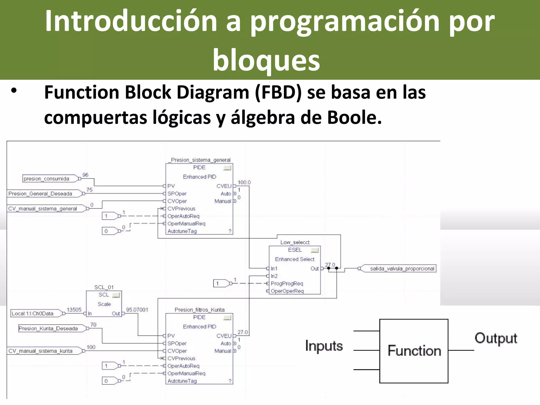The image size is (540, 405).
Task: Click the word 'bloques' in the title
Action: pyautogui.click(x=266, y=61)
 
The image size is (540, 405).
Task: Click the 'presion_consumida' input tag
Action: pyautogui.click(x=46, y=179)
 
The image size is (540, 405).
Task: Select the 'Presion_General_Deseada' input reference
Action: pyautogui.click(x=40, y=194)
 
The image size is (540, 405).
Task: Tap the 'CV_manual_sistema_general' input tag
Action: pyautogui.click(x=42, y=209)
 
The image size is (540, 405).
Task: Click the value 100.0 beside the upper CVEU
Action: pyautogui.click(x=244, y=182)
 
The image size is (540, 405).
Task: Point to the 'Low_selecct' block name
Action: pyautogui.click(x=295, y=242)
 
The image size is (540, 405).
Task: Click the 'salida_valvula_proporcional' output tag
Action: pyautogui.click(x=402, y=269)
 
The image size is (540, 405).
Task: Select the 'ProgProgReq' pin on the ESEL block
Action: pyautogui.click(x=287, y=284)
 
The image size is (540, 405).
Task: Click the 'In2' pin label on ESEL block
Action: pyautogui.click(x=274, y=276)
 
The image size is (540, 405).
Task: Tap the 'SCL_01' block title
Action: pyautogui.click(x=104, y=287)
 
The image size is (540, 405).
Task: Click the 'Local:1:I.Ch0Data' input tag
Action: pyautogui.click(x=32, y=314)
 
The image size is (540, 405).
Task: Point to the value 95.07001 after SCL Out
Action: pyautogui.click(x=137, y=310)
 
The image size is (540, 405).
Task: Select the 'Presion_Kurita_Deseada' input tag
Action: pyautogui.click(x=48, y=329)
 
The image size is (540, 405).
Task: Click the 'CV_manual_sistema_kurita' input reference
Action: pyautogui.click(x=40, y=351)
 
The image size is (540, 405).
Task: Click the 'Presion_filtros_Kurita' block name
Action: pyautogui.click(x=200, y=310)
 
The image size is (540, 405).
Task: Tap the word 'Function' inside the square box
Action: pyautogui.click(x=414, y=351)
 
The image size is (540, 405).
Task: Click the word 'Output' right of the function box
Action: pyautogui.click(x=496, y=338)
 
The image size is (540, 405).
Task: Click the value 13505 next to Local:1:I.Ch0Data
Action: pyautogui.click(x=74, y=310)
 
